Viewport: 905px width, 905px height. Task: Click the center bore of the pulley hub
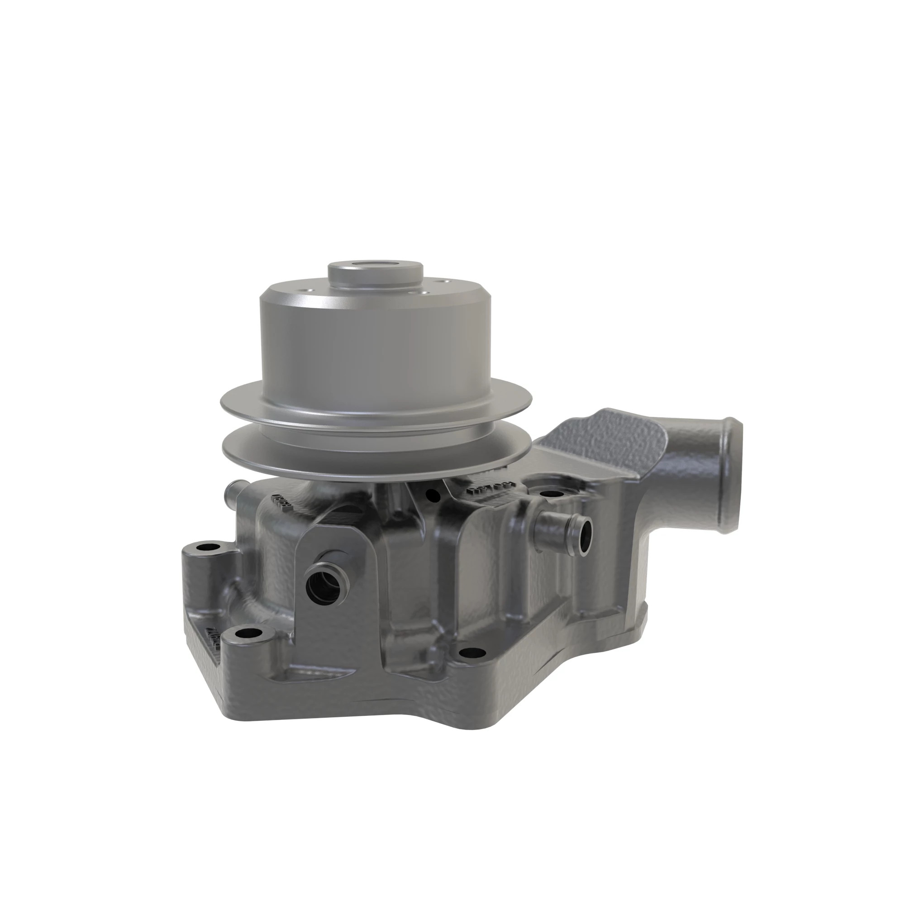point(375,266)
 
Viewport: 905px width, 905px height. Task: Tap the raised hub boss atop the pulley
point(375,276)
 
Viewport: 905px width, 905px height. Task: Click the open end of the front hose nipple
point(324,586)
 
